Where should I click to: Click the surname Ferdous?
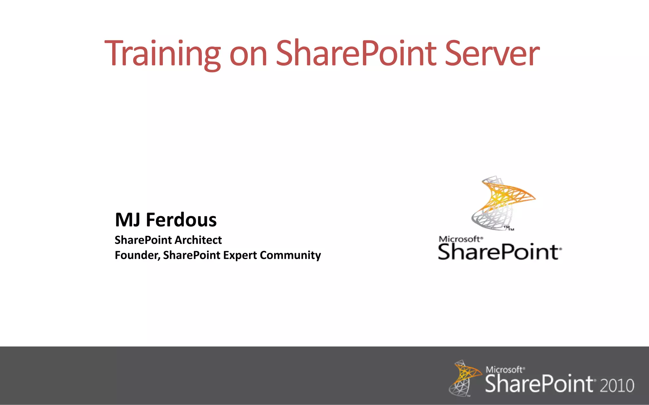click(181, 220)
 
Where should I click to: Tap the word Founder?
click(137, 255)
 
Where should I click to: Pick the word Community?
click(290, 255)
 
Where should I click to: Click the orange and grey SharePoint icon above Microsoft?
click(502, 202)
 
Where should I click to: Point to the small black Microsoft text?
click(460, 239)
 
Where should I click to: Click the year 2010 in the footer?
click(617, 386)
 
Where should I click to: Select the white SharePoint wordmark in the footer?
click(539, 384)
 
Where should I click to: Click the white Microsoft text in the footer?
click(504, 370)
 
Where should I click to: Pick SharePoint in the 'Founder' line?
click(191, 255)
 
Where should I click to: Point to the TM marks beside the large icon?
click(509, 228)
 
